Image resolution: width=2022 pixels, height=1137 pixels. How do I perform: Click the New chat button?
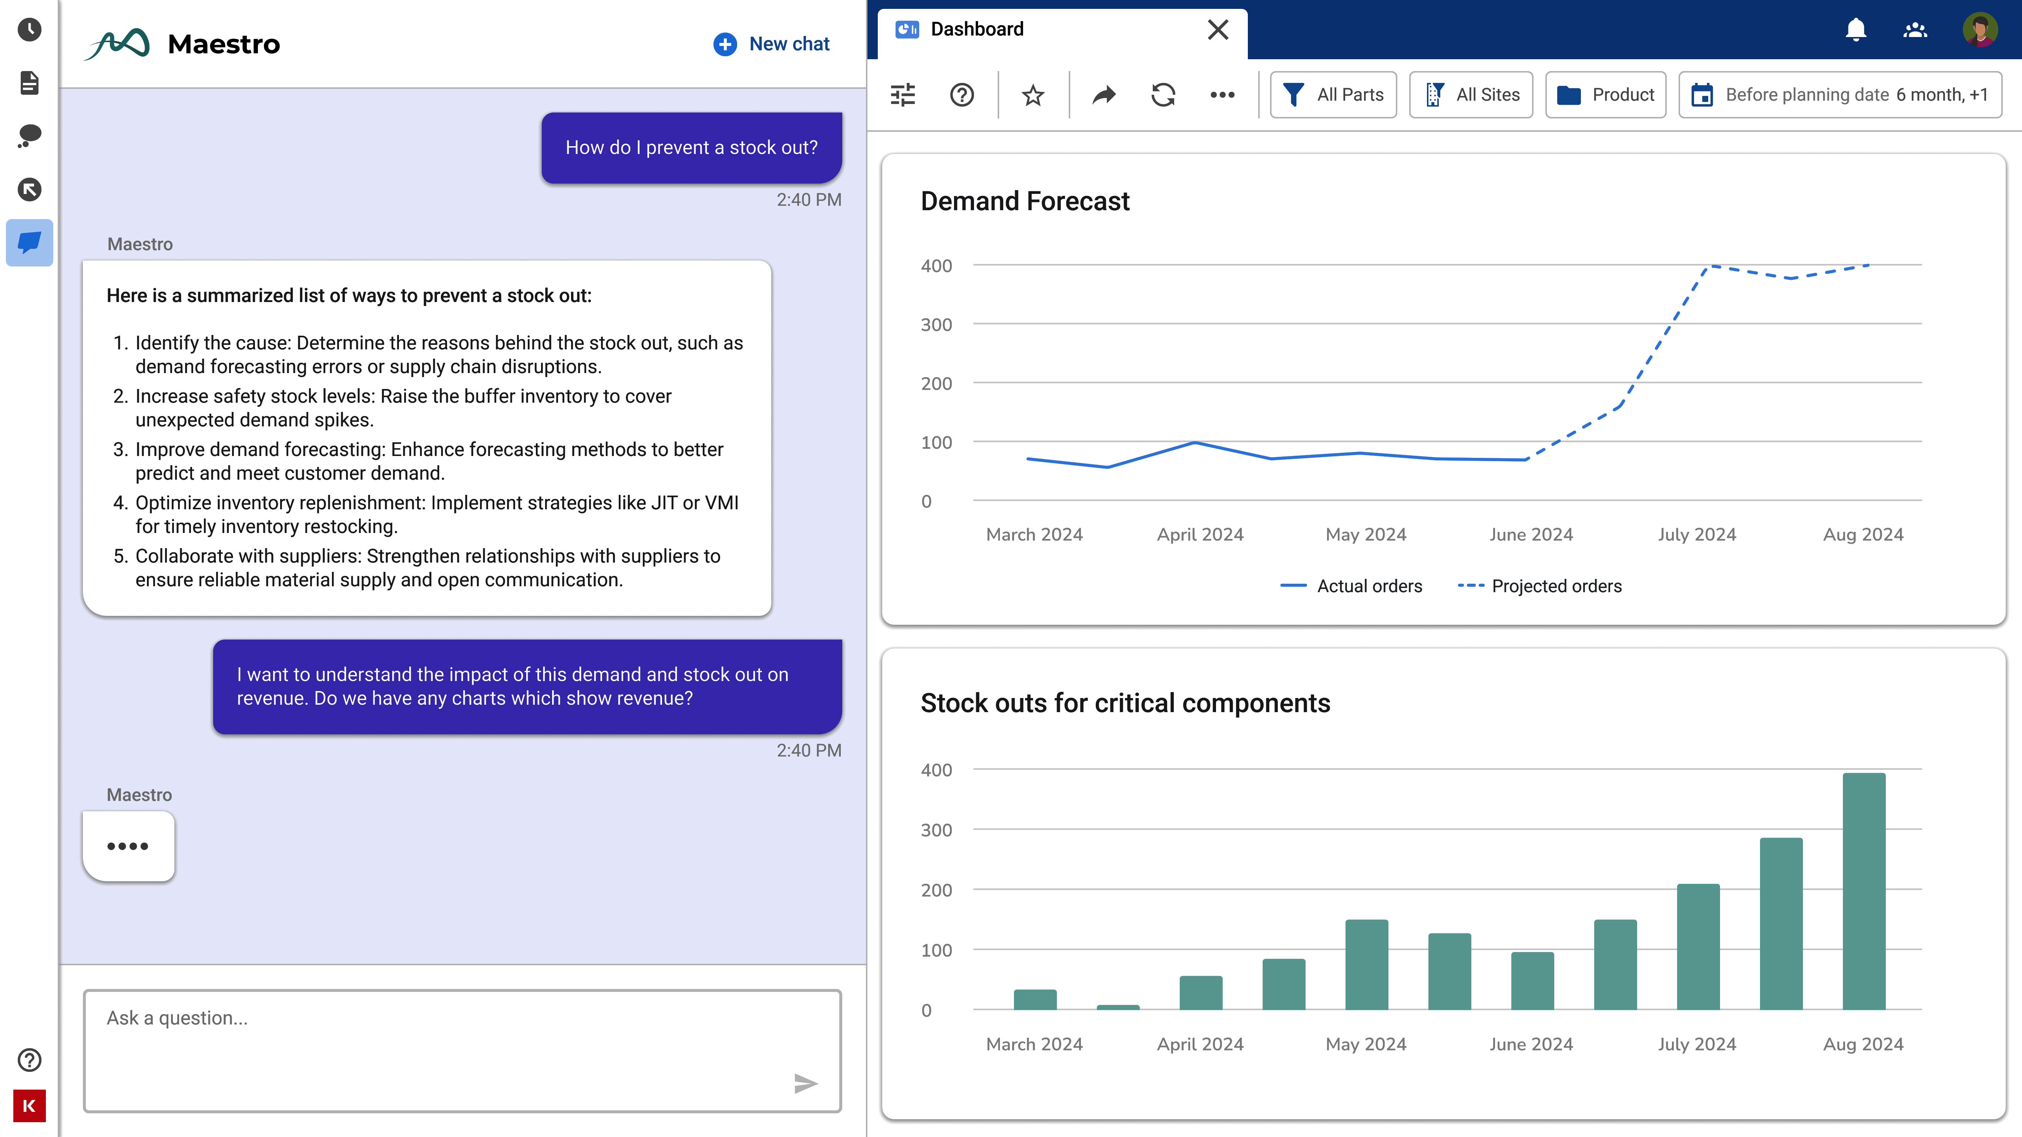[772, 44]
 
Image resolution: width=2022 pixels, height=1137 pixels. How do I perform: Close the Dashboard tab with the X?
[1217, 30]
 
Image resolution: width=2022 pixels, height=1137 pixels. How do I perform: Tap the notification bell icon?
[1855, 30]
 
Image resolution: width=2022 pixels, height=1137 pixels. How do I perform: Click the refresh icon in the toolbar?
[1162, 95]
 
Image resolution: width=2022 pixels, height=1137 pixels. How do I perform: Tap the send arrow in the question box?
[805, 1084]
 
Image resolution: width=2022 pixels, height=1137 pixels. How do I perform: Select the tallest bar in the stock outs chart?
[1864, 891]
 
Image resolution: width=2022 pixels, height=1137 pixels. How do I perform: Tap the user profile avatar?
[1979, 30]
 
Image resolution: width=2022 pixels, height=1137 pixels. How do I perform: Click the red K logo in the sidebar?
[29, 1106]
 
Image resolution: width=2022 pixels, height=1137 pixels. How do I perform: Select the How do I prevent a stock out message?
[691, 148]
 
